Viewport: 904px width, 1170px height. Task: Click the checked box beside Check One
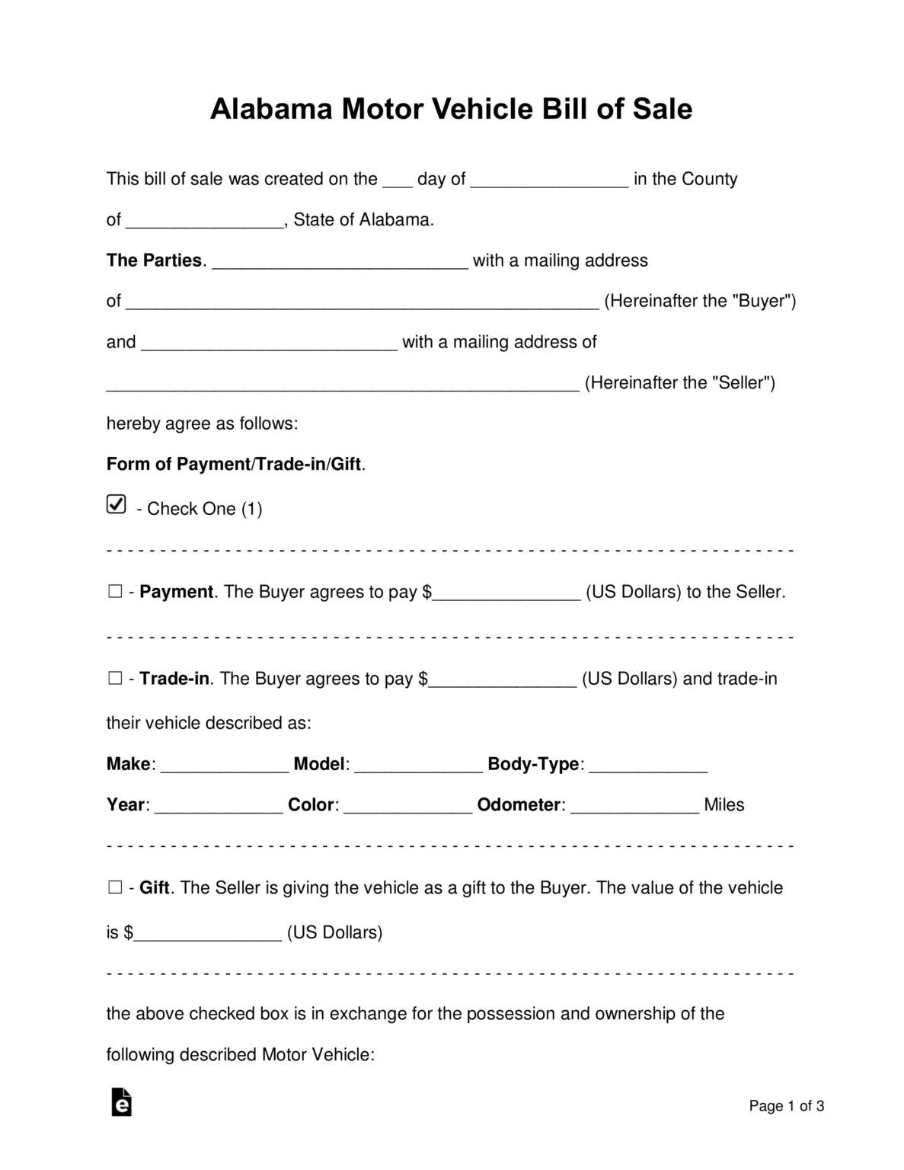pyautogui.click(x=116, y=504)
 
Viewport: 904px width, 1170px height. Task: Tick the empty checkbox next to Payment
pyautogui.click(x=115, y=592)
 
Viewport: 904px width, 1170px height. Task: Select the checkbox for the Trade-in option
pyautogui.click(x=115, y=678)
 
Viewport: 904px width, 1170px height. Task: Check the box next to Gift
pyautogui.click(x=115, y=887)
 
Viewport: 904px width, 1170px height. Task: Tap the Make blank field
pyautogui.click(x=225, y=764)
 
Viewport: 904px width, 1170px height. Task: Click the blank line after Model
pyautogui.click(x=418, y=764)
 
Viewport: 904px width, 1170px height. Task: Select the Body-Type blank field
pyautogui.click(x=648, y=764)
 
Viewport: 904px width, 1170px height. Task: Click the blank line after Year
pyautogui.click(x=219, y=805)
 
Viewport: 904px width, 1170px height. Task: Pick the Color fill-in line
pyautogui.click(x=407, y=805)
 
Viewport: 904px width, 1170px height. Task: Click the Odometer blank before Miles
pyautogui.click(x=634, y=805)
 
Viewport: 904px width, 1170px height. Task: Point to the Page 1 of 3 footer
pyautogui.click(x=786, y=1106)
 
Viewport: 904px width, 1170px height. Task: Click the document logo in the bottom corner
pyautogui.click(x=122, y=1102)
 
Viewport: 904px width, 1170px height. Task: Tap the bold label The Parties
pyautogui.click(x=155, y=261)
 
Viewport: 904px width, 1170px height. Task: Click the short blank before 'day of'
pyautogui.click(x=397, y=180)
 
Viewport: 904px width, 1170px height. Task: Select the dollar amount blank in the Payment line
pyautogui.click(x=506, y=593)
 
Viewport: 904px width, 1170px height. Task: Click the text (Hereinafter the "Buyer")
pyautogui.click(x=700, y=301)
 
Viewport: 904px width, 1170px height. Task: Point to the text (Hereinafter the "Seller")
pyautogui.click(x=679, y=382)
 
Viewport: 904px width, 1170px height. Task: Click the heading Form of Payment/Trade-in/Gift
pyautogui.click(x=235, y=464)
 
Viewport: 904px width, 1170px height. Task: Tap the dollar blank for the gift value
pyautogui.click(x=208, y=932)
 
